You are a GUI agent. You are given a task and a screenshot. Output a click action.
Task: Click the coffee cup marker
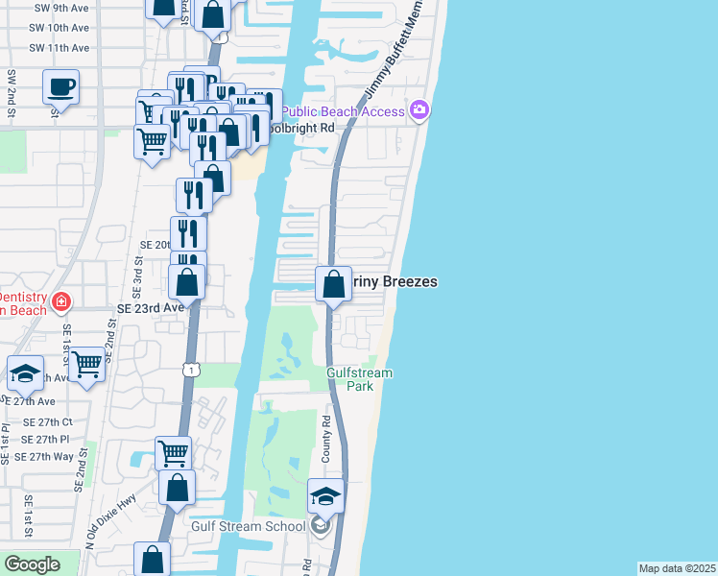[x=60, y=87]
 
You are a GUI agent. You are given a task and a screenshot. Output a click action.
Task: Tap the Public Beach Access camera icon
[x=419, y=111]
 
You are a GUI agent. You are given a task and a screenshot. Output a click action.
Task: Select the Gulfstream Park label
[x=360, y=378]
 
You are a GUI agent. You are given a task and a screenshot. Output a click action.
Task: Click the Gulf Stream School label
[x=248, y=525]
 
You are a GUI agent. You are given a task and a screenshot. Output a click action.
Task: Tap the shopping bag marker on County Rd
[x=333, y=285]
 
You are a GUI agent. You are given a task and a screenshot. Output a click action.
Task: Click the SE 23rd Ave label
[x=150, y=308]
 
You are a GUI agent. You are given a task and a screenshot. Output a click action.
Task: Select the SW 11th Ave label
[x=59, y=47]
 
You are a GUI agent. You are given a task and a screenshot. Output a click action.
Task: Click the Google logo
[x=33, y=564]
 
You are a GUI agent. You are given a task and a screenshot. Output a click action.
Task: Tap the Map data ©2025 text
[x=676, y=568]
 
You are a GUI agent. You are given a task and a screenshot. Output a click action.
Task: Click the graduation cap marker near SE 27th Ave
[x=25, y=373]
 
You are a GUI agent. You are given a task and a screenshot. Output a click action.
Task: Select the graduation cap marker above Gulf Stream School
[x=325, y=497]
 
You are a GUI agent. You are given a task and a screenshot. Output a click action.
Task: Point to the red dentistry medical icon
[x=61, y=302]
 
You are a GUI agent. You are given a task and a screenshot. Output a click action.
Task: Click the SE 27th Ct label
[x=48, y=422]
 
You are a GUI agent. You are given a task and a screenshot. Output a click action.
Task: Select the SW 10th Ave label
[x=59, y=28]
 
